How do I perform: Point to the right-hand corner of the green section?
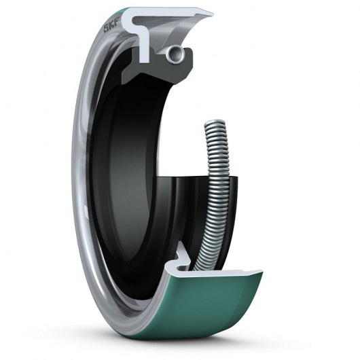[x=262, y=273]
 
